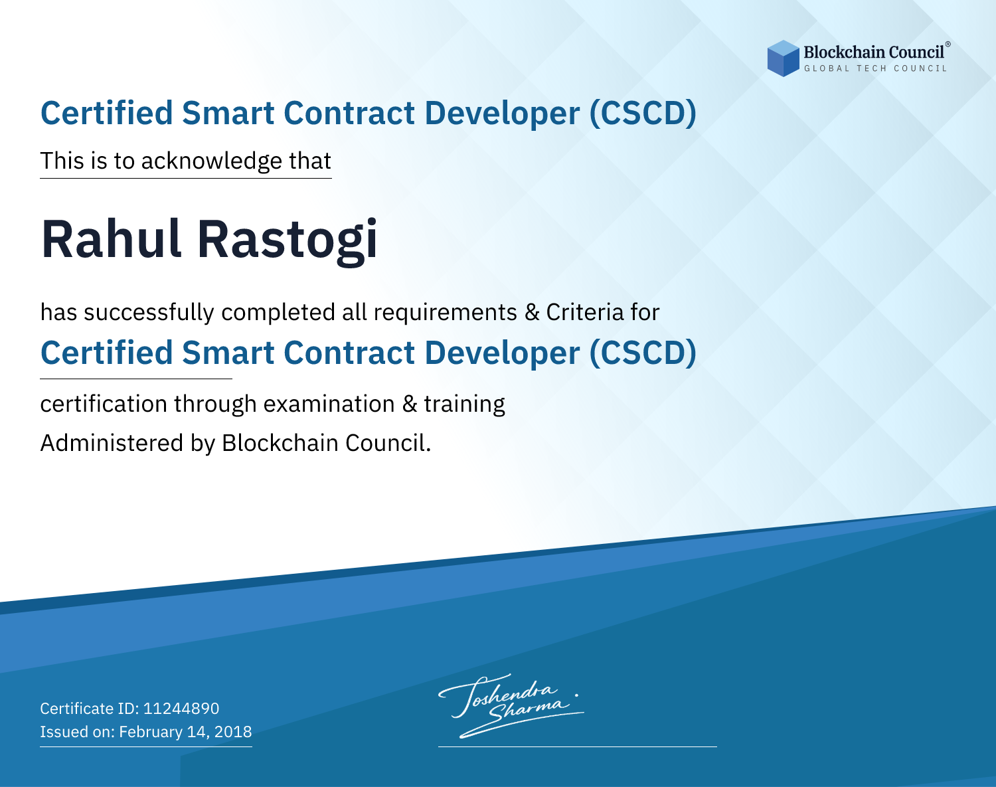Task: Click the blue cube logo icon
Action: [783, 58]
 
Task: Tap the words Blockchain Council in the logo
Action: [874, 52]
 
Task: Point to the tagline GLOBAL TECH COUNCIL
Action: [876, 68]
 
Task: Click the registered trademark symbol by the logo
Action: [948, 44]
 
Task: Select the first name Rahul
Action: [111, 239]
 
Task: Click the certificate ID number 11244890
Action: [181, 709]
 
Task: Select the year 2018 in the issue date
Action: [233, 732]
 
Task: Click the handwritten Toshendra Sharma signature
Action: [511, 706]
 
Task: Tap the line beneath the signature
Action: [578, 746]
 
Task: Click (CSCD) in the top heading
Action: [643, 114]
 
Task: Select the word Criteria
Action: [584, 312]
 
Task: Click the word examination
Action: [329, 404]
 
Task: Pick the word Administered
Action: [112, 443]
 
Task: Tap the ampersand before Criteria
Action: [533, 313]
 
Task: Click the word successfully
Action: [149, 313]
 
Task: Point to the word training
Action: [465, 404]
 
